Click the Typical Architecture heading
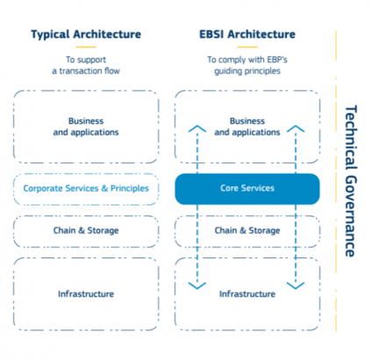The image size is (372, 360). click(86, 34)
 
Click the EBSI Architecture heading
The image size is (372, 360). click(247, 34)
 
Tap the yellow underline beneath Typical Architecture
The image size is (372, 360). click(86, 47)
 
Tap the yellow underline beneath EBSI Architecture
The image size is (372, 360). click(247, 47)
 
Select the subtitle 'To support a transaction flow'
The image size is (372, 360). click(86, 65)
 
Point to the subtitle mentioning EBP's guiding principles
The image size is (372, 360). click(247, 65)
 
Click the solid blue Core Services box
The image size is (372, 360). click(247, 189)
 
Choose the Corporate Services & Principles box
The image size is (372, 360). click(86, 189)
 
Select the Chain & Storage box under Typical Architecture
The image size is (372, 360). click(86, 231)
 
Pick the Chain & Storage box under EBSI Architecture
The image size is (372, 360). click(247, 231)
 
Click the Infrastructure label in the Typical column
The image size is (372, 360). click(86, 294)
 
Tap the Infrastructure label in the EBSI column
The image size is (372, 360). click(247, 294)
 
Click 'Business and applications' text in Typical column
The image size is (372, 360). click(86, 126)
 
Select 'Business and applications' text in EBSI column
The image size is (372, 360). click(247, 126)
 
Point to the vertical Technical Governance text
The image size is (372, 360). click(351, 181)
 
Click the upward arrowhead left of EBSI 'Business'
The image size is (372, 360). click(197, 128)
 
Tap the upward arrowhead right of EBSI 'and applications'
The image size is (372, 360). click(296, 128)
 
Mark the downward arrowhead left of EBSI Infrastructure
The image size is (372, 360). click(197, 285)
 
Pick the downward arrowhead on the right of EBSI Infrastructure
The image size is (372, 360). click(296, 285)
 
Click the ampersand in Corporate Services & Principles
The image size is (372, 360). click(104, 189)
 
